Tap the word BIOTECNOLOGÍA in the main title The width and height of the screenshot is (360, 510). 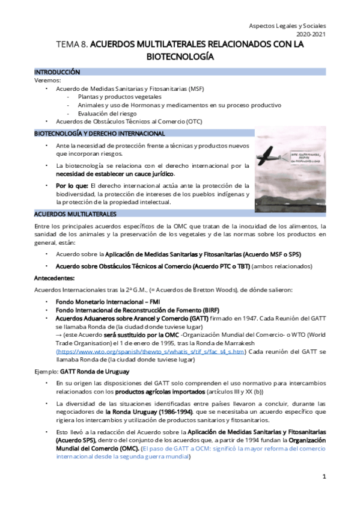coord(180,57)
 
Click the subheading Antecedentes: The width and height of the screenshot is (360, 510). coord(54,278)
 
